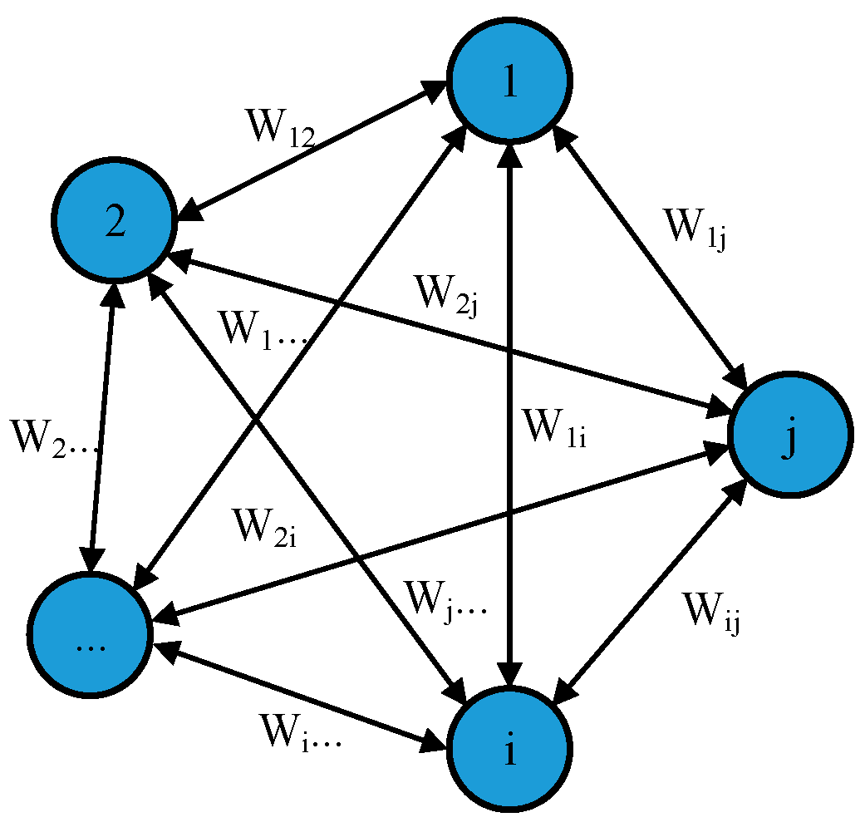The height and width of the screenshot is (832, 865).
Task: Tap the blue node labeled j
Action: [x=789, y=435]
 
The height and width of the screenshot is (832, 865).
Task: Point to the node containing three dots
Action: [x=90, y=636]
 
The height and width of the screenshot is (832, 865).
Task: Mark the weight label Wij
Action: [x=711, y=613]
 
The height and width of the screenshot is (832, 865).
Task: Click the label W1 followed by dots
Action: [x=263, y=331]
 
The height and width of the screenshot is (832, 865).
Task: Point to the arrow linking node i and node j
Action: [x=648, y=590]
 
